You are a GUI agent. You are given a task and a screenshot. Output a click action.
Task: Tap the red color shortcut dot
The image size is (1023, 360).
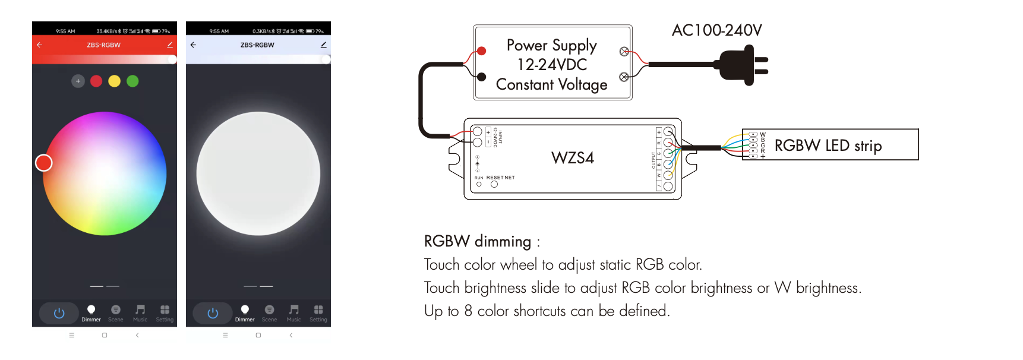pos(96,81)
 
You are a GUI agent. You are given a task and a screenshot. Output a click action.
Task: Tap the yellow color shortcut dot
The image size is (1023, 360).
pos(115,81)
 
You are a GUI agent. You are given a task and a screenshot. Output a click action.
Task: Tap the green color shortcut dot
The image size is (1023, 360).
pos(132,81)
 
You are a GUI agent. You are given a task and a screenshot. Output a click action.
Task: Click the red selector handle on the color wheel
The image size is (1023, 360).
pos(44,163)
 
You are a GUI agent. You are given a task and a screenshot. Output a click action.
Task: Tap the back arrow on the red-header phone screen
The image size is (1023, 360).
pos(40,45)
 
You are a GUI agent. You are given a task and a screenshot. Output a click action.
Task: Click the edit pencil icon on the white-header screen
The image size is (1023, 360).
pos(323,45)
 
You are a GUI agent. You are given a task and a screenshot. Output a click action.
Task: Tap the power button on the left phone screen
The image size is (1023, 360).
pos(59,313)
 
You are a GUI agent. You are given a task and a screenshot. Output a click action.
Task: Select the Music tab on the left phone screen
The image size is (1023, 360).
pos(140,312)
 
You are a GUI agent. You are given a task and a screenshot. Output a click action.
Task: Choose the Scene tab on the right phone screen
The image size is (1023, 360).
pos(269,312)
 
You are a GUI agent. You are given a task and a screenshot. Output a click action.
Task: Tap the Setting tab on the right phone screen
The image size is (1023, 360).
pos(318,312)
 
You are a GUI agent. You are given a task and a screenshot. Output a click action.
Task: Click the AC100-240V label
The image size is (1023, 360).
pos(716,30)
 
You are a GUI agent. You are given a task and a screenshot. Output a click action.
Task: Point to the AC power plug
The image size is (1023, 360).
pos(742,65)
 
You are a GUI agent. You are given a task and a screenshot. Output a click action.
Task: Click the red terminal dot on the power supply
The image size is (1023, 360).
pos(482,51)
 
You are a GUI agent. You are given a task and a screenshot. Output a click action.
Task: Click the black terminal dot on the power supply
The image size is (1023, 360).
pos(482,77)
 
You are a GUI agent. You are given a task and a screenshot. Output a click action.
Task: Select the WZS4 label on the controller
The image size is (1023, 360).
pos(572,158)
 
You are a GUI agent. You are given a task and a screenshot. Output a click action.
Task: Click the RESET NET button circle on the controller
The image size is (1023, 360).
pos(494,185)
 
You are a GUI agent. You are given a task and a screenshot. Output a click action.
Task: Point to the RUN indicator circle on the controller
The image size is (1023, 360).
pos(479,185)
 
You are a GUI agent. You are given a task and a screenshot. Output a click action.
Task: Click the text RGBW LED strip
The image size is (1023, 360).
pos(828,146)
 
